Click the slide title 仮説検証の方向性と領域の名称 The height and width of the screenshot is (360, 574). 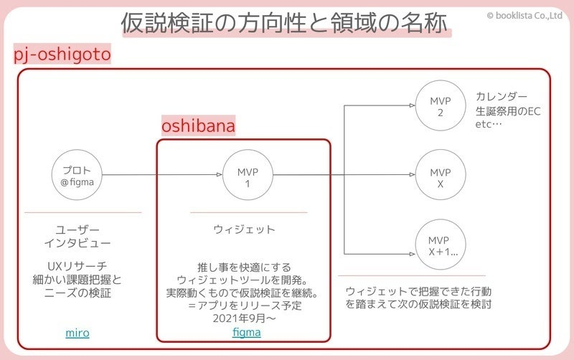pyautogui.click(x=286, y=24)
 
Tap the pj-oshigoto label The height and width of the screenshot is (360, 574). pyautogui.click(x=62, y=55)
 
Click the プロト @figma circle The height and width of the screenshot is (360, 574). pyautogui.click(x=77, y=176)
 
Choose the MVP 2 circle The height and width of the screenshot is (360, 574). pyautogui.click(x=441, y=105)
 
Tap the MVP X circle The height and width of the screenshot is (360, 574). pyautogui.click(x=441, y=176)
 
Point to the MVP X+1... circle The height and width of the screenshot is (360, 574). pyautogui.click(x=441, y=246)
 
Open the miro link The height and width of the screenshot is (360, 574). pyautogui.click(x=77, y=333)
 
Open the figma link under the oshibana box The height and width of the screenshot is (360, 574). pyautogui.click(x=247, y=333)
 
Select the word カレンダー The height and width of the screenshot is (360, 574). pyautogui.click(x=502, y=97)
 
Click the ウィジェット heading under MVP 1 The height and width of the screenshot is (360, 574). pyautogui.click(x=244, y=229)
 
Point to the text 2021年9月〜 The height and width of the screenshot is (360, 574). pyautogui.click(x=244, y=319)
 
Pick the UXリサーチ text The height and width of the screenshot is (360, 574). pyautogui.click(x=77, y=266)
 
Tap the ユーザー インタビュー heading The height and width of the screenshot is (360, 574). pyautogui.click(x=77, y=237)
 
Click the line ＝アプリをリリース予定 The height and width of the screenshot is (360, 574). pyautogui.click(x=244, y=306)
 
